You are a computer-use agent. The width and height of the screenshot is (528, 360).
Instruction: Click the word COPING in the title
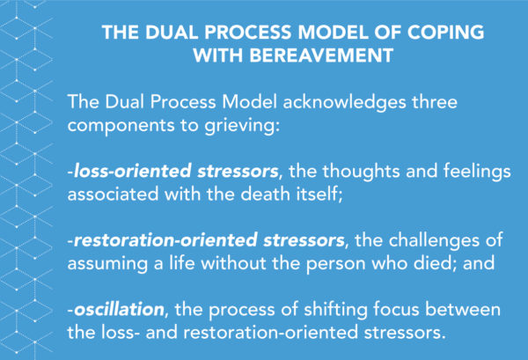coord(445,33)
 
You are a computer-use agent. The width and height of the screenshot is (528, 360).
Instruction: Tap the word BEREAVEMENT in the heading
coord(321,55)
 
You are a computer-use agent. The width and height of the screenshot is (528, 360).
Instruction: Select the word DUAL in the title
coord(172,33)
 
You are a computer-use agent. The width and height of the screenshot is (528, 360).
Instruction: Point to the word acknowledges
coord(344,102)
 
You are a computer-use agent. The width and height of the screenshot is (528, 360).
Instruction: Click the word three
coord(435,102)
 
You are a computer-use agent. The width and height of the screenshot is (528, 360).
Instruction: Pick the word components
coord(121,126)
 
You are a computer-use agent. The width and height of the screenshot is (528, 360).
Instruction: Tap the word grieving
coord(242,126)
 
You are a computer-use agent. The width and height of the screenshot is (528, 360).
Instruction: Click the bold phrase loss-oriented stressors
coord(176,171)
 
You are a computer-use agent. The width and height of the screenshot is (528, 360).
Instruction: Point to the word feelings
coord(477,171)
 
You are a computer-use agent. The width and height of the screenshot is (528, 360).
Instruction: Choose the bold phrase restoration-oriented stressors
coord(209,240)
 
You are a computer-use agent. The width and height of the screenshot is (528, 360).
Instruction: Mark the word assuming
coord(107,264)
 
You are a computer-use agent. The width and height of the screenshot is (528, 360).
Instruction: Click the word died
coord(436,262)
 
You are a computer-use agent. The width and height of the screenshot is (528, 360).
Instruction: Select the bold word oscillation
coord(119,310)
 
